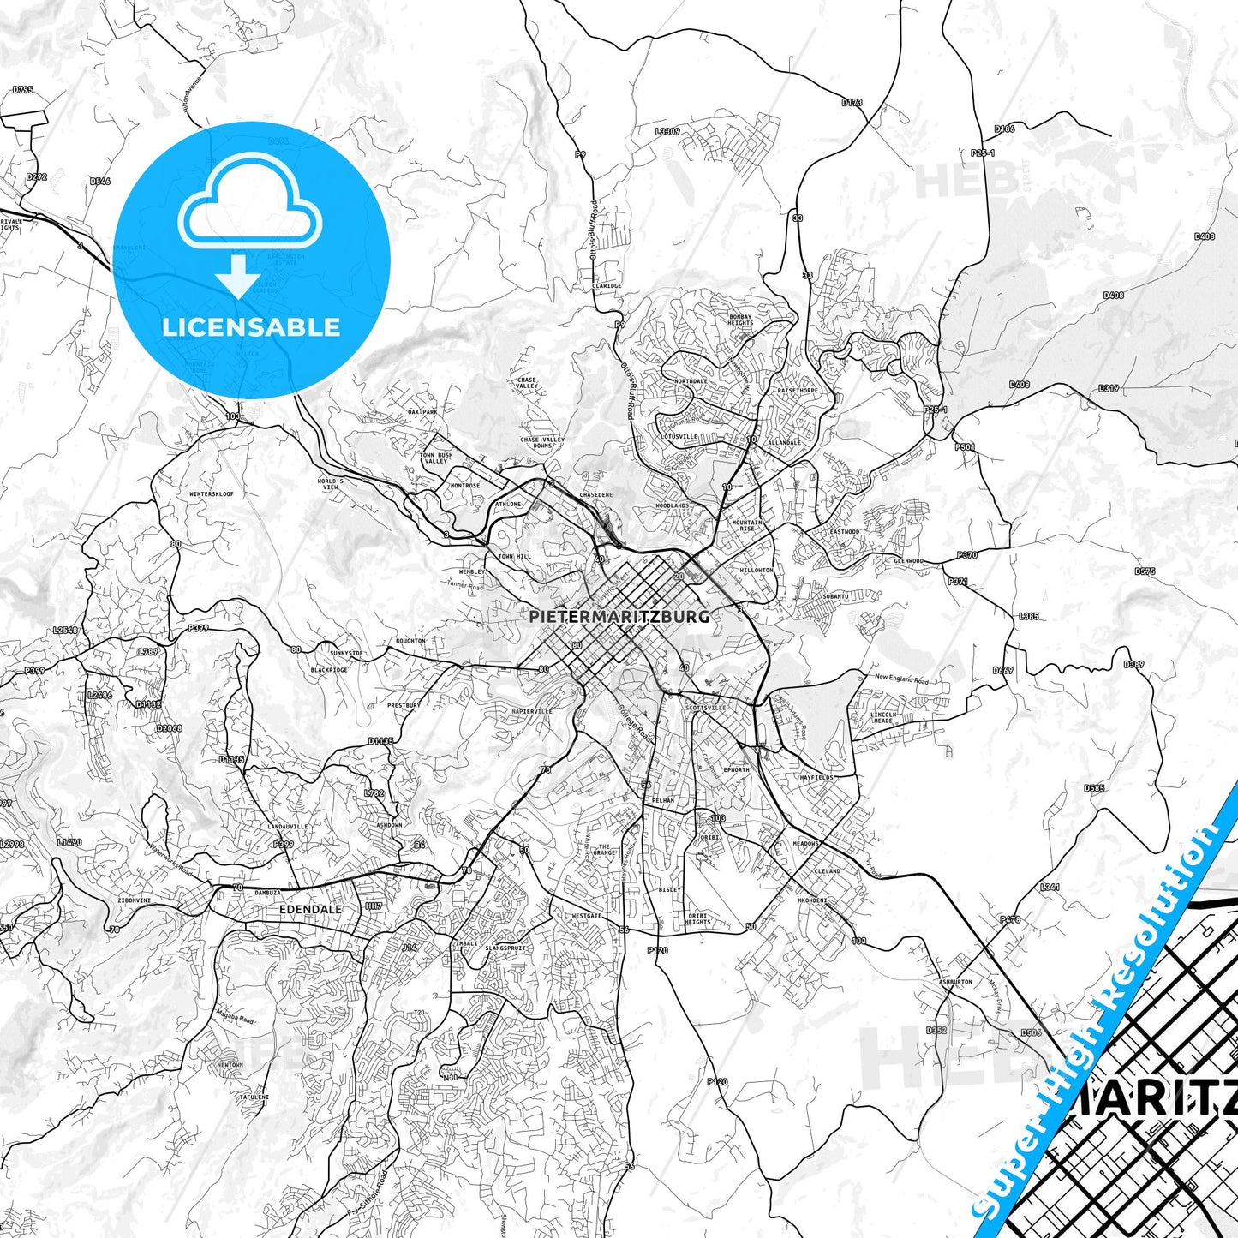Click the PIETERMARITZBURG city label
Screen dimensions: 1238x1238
coord(619,616)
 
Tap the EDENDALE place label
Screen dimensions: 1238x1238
coord(310,909)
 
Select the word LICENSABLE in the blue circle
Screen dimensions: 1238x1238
coord(251,326)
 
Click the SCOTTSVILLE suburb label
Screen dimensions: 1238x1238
coord(705,708)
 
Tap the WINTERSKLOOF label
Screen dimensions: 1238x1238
coord(211,494)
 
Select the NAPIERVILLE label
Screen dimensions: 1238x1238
coord(532,711)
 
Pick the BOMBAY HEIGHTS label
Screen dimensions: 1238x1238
coord(740,320)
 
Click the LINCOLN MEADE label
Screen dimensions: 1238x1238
coord(883,717)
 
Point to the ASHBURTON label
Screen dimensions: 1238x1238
coord(955,982)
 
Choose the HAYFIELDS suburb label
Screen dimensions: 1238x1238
coord(816,777)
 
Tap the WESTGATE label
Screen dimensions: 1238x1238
coord(587,916)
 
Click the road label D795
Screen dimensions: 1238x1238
coord(23,89)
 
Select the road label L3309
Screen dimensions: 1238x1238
coord(667,131)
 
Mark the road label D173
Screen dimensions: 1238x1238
coord(852,102)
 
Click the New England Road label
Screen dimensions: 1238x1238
coord(901,679)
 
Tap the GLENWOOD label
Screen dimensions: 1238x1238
coord(908,561)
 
